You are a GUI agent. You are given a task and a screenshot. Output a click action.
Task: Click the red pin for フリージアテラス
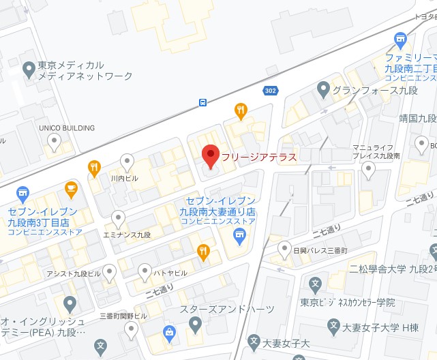click(x=211, y=156)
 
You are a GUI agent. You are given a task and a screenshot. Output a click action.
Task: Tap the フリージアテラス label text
click(x=259, y=157)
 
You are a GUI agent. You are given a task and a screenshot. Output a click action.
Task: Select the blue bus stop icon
click(x=203, y=103)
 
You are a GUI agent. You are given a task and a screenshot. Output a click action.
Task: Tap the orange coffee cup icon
click(x=70, y=187)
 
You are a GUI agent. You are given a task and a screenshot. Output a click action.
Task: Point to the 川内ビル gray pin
click(x=127, y=162)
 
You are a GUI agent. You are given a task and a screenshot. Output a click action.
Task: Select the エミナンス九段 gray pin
click(x=118, y=218)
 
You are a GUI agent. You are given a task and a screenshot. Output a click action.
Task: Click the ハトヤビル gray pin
click(x=145, y=271)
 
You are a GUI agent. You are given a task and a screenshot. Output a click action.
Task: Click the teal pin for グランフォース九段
click(x=324, y=89)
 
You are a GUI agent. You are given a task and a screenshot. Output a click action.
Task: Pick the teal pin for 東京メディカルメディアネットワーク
click(x=29, y=69)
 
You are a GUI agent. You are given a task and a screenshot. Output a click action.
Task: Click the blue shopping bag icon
click(x=168, y=333)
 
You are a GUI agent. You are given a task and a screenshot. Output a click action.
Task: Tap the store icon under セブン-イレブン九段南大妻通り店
click(x=239, y=236)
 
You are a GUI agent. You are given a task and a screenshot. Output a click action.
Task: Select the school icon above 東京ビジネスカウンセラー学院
click(x=315, y=284)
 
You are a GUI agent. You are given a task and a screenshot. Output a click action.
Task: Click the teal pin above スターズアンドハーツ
click(x=196, y=325)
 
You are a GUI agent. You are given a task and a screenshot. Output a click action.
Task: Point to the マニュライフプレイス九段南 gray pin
click(x=369, y=170)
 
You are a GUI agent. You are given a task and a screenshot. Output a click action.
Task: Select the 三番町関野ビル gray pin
click(x=132, y=329)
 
